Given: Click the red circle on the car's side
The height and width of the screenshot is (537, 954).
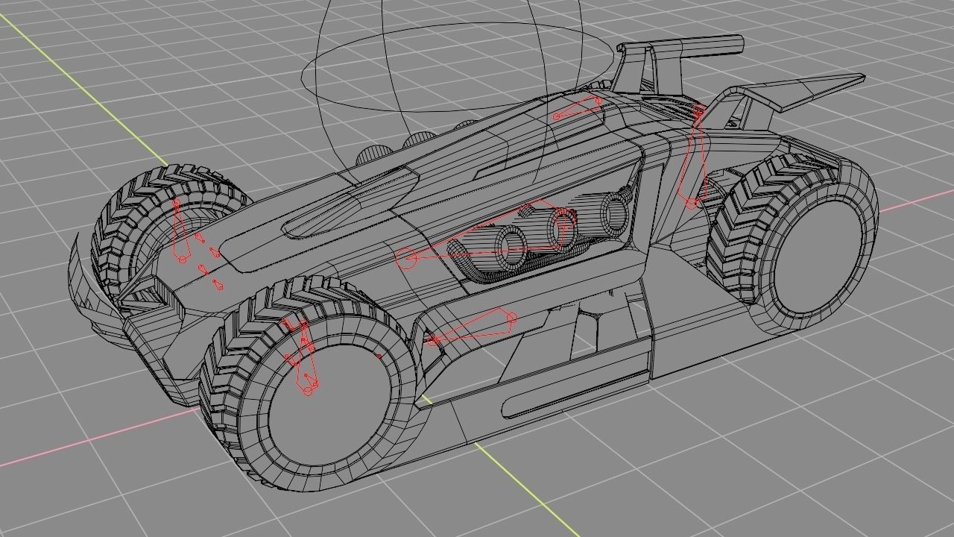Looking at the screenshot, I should pos(406,259).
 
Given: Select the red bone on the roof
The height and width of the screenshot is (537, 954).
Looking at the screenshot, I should pos(578,108).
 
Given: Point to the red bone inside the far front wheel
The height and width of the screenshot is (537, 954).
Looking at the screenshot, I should pos(179,231).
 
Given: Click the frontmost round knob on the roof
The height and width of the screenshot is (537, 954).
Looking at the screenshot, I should pos(370,156).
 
